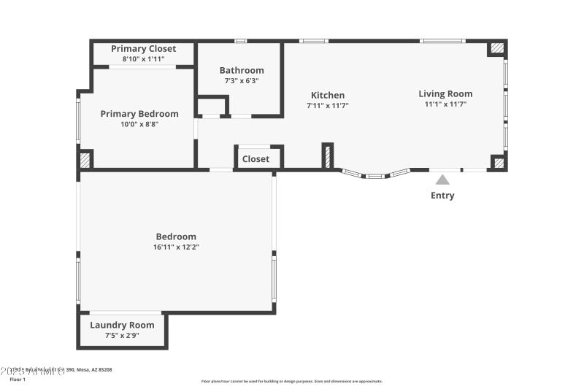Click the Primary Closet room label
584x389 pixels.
(x=144, y=49)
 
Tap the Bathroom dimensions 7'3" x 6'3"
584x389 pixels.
(x=242, y=81)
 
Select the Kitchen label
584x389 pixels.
(x=328, y=96)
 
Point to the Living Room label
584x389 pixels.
(x=445, y=93)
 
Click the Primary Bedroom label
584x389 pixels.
(x=139, y=114)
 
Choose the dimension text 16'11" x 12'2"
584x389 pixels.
(x=176, y=247)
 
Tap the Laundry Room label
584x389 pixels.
(x=122, y=326)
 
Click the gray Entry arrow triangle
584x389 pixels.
(x=442, y=179)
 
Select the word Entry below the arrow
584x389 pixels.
(x=442, y=196)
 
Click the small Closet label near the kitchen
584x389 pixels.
(x=255, y=159)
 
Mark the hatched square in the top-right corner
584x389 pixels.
(x=497, y=48)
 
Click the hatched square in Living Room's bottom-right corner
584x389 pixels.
(x=499, y=163)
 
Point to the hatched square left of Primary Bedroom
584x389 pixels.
(x=85, y=159)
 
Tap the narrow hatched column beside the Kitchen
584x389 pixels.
(x=328, y=155)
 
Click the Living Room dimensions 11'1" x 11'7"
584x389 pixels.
(x=445, y=104)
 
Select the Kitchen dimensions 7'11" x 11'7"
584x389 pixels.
(x=328, y=106)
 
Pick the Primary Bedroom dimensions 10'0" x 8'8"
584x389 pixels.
(x=139, y=124)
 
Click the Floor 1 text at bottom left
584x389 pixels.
(x=18, y=380)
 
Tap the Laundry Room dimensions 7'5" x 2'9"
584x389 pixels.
(x=122, y=336)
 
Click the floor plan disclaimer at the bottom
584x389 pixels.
(x=291, y=381)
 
